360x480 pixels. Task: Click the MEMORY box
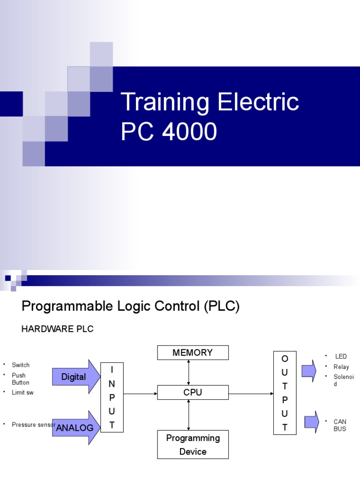coord(193,352)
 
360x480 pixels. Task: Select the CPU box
coord(193,392)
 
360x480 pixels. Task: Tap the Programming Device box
coord(193,444)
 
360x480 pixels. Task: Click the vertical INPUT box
coord(112,396)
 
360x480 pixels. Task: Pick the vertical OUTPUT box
coord(285,393)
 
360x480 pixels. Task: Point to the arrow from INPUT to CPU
coord(140,394)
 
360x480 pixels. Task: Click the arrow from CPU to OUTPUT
coord(251,394)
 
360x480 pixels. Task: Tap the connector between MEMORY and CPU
coord(188,373)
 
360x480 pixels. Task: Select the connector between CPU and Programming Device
coord(188,415)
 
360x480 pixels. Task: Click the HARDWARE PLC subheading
coord(58,329)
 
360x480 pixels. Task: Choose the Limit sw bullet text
coord(22,392)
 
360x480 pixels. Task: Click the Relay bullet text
coord(341,367)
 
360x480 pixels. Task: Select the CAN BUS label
coord(340,425)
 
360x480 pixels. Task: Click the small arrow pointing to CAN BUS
coord(311,422)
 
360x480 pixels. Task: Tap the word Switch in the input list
coord(21,365)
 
